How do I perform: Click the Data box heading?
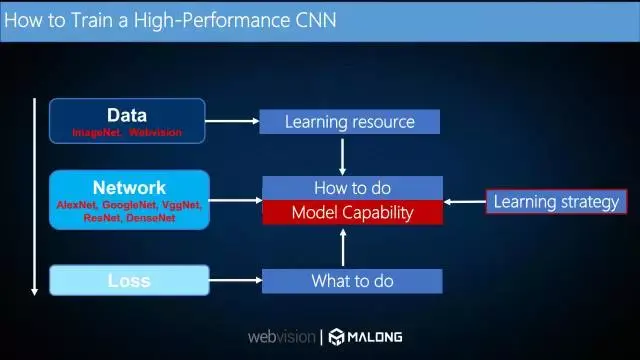pyautogui.click(x=127, y=114)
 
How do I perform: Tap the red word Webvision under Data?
pyautogui.click(x=156, y=132)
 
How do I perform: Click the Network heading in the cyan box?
pyautogui.click(x=129, y=187)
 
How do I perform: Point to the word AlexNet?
pyautogui.click(x=77, y=205)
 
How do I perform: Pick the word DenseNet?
pyautogui.click(x=151, y=217)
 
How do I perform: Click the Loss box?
pyautogui.click(x=129, y=281)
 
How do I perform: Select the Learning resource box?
pyautogui.click(x=349, y=122)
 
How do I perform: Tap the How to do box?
pyautogui.click(x=352, y=188)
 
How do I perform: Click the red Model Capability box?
pyautogui.click(x=352, y=212)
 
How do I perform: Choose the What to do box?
pyautogui.click(x=352, y=281)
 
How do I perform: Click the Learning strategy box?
pyautogui.click(x=556, y=202)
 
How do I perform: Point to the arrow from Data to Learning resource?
pyautogui.click(x=232, y=122)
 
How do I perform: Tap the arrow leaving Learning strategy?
pyautogui.click(x=465, y=202)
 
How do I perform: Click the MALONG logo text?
pyautogui.click(x=374, y=337)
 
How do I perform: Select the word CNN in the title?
pyautogui.click(x=310, y=20)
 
